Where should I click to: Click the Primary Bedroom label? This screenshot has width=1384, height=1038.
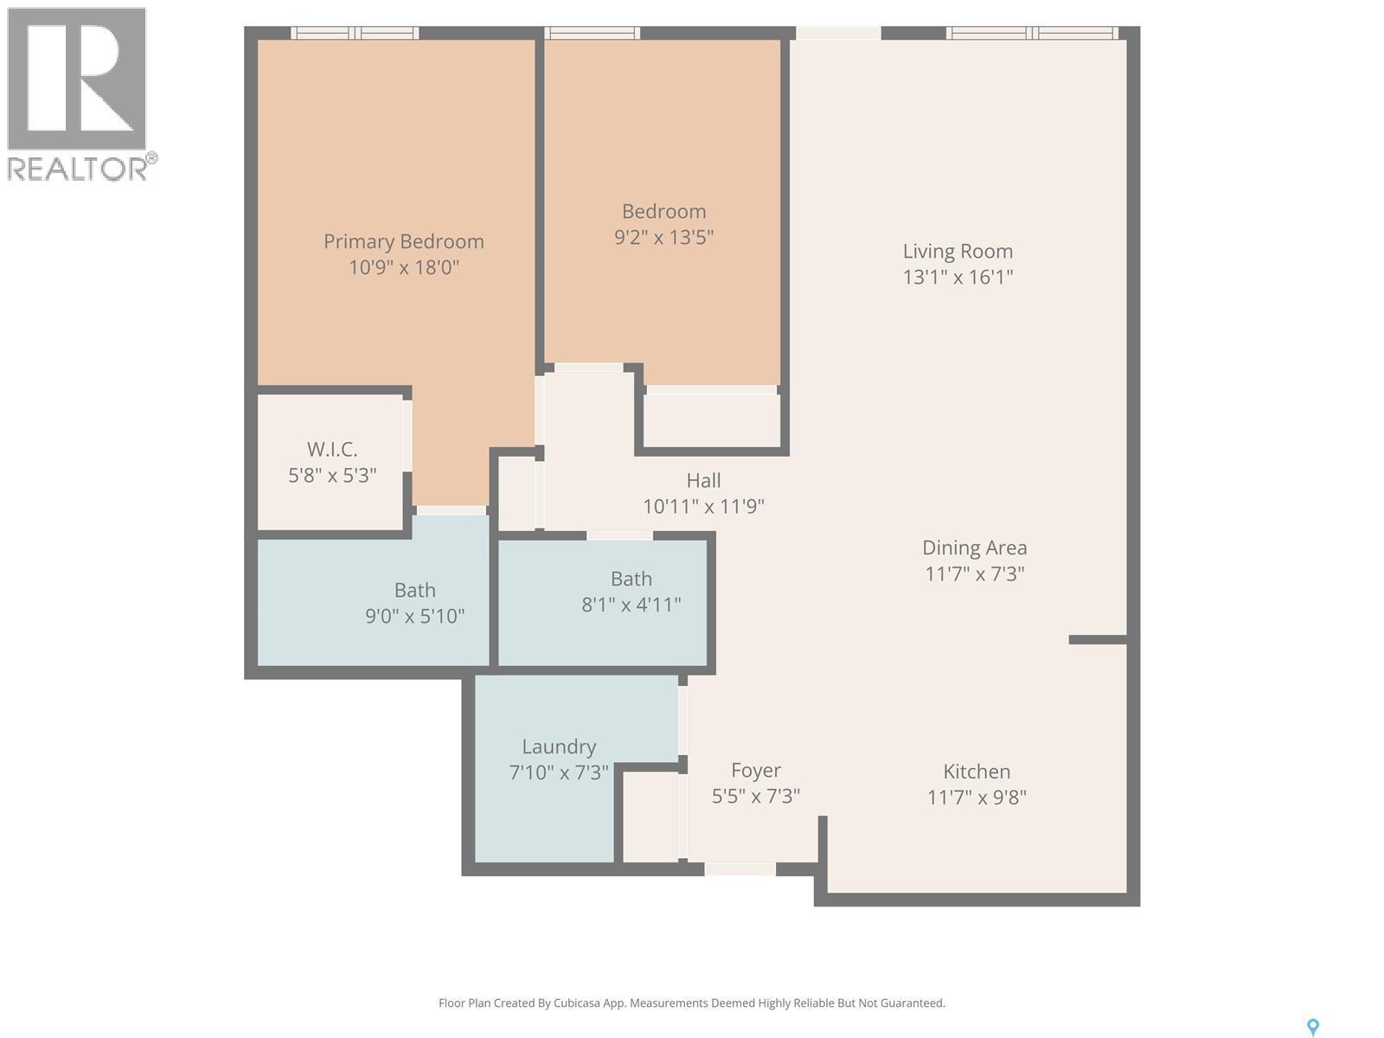click(x=403, y=241)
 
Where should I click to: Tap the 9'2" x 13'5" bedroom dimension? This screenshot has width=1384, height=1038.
click(x=663, y=237)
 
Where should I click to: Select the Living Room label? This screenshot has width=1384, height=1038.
click(x=958, y=251)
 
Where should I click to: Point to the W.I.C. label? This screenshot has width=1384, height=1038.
click(x=332, y=449)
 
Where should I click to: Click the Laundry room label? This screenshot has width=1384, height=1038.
click(x=559, y=746)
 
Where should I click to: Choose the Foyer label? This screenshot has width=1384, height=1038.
click(x=755, y=770)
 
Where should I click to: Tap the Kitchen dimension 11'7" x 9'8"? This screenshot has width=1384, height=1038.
click(x=977, y=797)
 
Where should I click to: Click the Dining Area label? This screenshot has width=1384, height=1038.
click(x=974, y=548)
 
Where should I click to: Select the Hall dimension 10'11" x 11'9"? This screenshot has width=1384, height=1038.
click(x=703, y=506)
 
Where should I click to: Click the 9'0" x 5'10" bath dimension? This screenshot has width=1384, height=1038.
click(x=414, y=616)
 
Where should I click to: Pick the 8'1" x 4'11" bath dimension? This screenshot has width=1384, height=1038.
click(x=631, y=605)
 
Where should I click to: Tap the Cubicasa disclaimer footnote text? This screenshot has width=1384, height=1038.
click(x=691, y=1003)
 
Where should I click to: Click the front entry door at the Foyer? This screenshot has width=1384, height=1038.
click(x=740, y=868)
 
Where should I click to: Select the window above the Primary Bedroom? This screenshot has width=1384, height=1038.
click(x=355, y=33)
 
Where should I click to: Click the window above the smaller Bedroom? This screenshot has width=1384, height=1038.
click(x=593, y=33)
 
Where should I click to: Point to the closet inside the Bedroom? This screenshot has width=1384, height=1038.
click(x=711, y=420)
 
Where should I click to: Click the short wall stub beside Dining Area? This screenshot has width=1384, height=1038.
click(x=1098, y=639)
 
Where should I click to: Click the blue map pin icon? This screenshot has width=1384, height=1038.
click(x=1312, y=1027)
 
